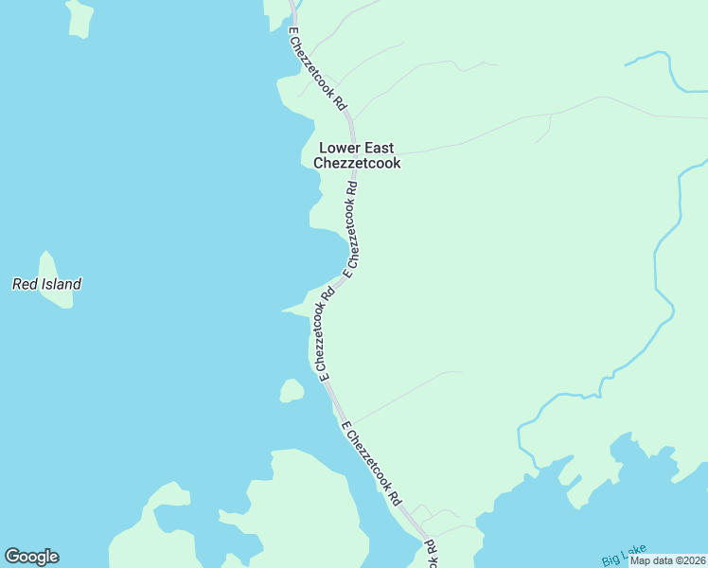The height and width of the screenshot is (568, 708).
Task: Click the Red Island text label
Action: click(46, 284)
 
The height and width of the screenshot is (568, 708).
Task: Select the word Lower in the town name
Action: click(341, 148)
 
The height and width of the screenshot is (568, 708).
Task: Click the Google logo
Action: click(31, 557)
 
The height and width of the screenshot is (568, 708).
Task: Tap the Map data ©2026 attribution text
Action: click(667, 560)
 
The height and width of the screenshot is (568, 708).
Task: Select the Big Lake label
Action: click(621, 559)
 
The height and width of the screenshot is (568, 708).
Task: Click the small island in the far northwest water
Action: click(79, 17)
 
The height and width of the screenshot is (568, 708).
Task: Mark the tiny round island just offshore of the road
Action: click(292, 390)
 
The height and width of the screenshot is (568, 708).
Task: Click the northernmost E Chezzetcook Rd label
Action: click(317, 69)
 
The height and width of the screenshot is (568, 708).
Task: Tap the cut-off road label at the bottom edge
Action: click(432, 555)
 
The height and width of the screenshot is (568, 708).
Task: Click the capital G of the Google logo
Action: click(12, 557)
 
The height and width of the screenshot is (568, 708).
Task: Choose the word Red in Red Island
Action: click(23, 284)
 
